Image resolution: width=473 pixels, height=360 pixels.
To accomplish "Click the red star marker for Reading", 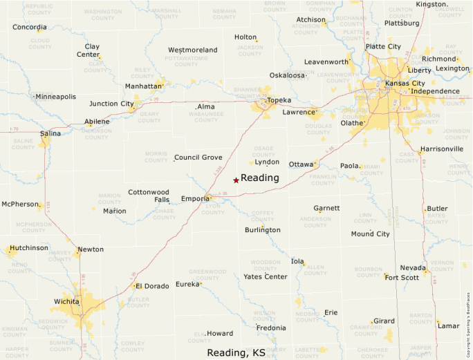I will pyautogui.click(x=236, y=180).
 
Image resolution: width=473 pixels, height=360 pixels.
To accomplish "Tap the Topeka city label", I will pyautogui.click(x=279, y=100).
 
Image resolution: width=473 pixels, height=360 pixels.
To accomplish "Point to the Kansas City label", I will pyautogui.click(x=405, y=83).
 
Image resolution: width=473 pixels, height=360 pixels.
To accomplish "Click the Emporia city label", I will pyautogui.click(x=195, y=199).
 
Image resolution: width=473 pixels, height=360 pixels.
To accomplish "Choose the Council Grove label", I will pyautogui.click(x=198, y=158).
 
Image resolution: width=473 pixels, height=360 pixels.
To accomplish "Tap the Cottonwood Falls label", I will pyautogui.click(x=149, y=196).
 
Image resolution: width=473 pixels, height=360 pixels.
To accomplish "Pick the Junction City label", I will pyautogui.click(x=111, y=104).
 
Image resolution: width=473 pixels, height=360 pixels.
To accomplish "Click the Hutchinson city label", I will pyautogui.click(x=28, y=247).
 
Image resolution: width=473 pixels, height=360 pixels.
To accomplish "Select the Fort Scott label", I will pyautogui.click(x=402, y=278).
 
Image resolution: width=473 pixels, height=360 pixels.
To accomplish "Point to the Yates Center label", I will pyautogui.click(x=266, y=276).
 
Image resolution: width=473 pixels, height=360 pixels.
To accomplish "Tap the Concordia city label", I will pyautogui.click(x=30, y=27).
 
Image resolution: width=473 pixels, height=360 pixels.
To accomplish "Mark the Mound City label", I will pyautogui.click(x=370, y=234).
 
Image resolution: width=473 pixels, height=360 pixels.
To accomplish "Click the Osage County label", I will pyautogui.click(x=264, y=151).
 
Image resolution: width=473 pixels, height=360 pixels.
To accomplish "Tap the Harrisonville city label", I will pyautogui.click(x=442, y=149).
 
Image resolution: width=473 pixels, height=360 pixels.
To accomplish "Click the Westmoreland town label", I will pyautogui.click(x=193, y=50).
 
